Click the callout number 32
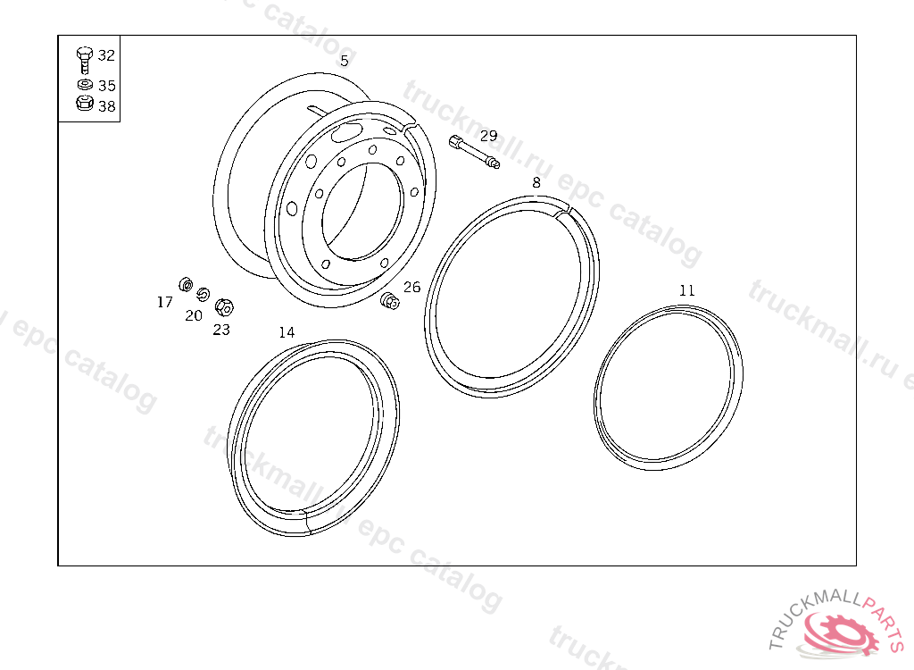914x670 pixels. [107, 55]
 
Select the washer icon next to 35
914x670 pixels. [85, 85]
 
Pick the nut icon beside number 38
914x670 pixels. [85, 104]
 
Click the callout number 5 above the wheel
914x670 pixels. [345, 61]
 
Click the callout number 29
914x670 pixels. [488, 136]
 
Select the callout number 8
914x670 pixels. [536, 182]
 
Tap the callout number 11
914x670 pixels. [686, 290]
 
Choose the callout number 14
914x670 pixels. [287, 332]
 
